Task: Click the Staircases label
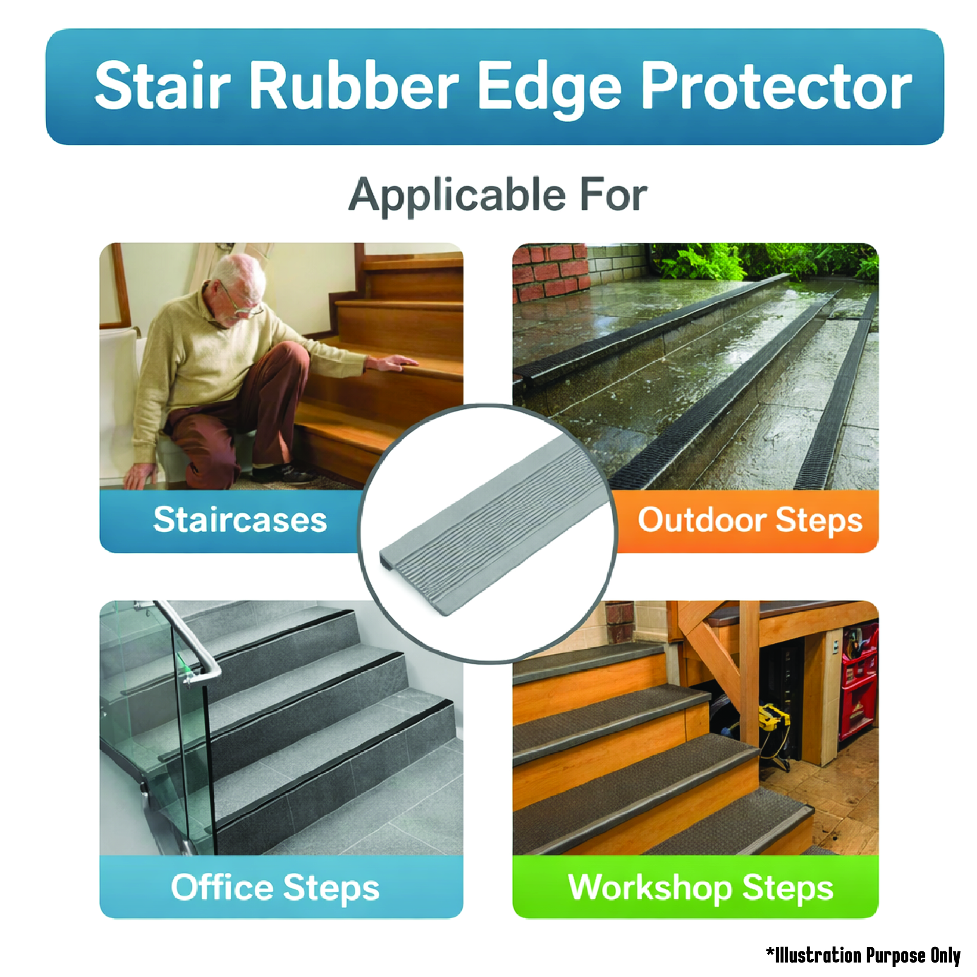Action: pos(240,520)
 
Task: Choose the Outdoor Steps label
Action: pos(750,520)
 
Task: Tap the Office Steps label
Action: pos(275,888)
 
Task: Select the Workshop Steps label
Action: pos(700,888)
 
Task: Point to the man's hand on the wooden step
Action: pos(392,363)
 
